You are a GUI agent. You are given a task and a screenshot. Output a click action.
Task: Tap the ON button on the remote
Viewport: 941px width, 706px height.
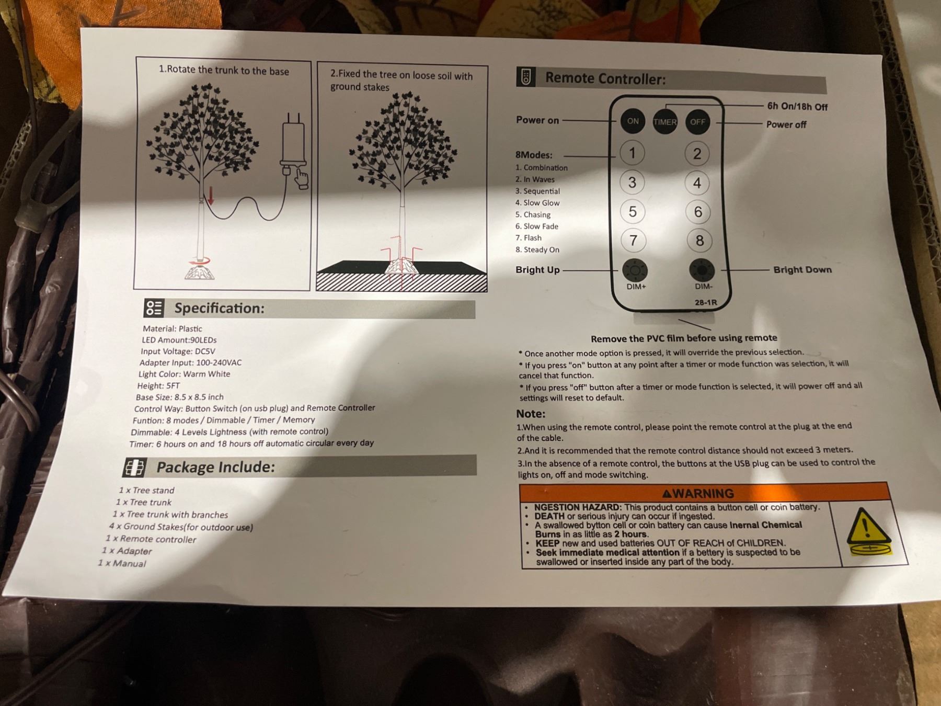tap(633, 121)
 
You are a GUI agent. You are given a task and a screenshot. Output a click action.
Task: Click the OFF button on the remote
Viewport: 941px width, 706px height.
tap(697, 122)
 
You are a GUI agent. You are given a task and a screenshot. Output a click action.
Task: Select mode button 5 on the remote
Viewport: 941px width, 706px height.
tap(633, 211)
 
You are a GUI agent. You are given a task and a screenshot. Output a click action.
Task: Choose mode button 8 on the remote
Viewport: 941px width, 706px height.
tap(699, 241)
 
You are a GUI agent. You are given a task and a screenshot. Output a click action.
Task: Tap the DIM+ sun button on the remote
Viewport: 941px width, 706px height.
tap(635, 270)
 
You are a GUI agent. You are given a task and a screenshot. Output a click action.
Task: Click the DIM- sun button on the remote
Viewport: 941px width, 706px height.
tap(702, 270)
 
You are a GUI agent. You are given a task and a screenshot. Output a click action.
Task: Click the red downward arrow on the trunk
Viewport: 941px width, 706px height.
tap(211, 195)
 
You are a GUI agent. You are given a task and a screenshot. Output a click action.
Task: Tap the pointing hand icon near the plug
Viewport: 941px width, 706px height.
tap(302, 177)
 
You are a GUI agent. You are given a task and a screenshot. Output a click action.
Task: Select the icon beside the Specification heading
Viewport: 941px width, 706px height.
tap(154, 308)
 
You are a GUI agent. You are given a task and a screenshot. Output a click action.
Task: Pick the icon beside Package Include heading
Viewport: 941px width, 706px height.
tap(134, 468)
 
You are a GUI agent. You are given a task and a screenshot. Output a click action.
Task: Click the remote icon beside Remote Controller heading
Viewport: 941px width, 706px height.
tap(526, 77)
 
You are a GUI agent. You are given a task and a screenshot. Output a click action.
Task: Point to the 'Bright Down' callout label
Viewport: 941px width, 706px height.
tap(802, 270)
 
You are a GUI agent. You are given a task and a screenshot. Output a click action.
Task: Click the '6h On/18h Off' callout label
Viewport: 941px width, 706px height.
tap(797, 106)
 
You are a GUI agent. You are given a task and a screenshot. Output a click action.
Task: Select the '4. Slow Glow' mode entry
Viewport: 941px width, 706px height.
tap(537, 203)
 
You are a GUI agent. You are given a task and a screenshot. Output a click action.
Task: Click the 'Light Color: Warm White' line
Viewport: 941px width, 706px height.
tap(184, 374)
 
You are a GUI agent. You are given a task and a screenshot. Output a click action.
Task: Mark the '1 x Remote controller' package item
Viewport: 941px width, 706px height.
tap(151, 539)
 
